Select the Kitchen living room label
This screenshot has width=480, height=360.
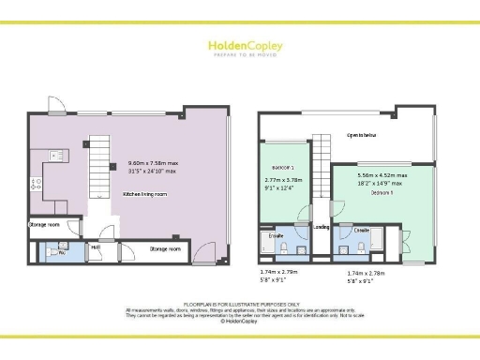coord(144,194)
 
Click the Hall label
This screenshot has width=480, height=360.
coord(95,247)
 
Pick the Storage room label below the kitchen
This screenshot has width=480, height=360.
coord(44,225)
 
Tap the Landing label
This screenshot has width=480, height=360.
coord(321,227)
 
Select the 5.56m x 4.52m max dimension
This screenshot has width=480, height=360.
coord(382,175)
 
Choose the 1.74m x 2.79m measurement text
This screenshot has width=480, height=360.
coord(277,272)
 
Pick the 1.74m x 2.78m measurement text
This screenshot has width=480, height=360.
coord(363,272)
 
